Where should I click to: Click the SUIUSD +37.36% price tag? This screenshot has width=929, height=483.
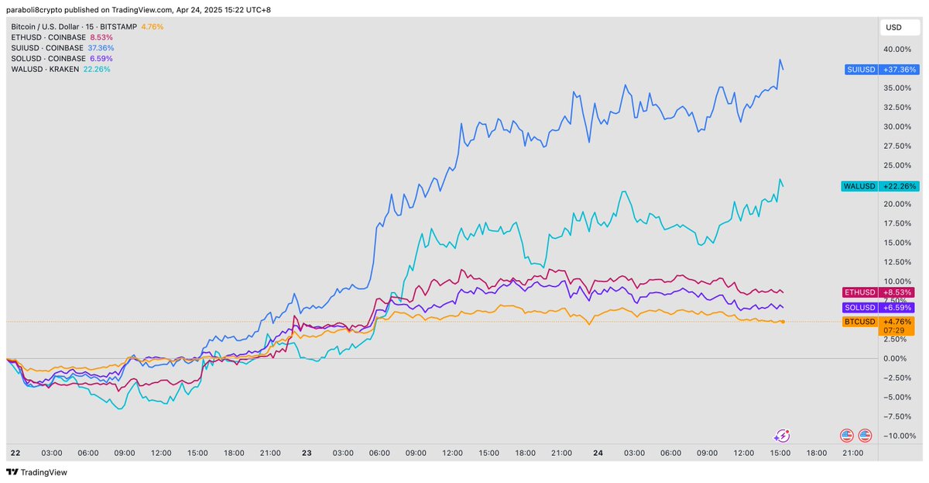tap(881, 69)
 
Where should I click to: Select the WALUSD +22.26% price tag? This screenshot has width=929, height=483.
tap(879, 186)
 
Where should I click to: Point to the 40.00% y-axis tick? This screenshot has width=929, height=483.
tap(897, 49)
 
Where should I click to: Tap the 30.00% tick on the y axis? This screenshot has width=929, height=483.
tap(897, 126)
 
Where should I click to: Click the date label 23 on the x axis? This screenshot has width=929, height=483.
tap(306, 453)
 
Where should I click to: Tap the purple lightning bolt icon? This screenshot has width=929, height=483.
tap(782, 436)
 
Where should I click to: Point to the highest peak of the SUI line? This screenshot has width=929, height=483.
tap(780, 60)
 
